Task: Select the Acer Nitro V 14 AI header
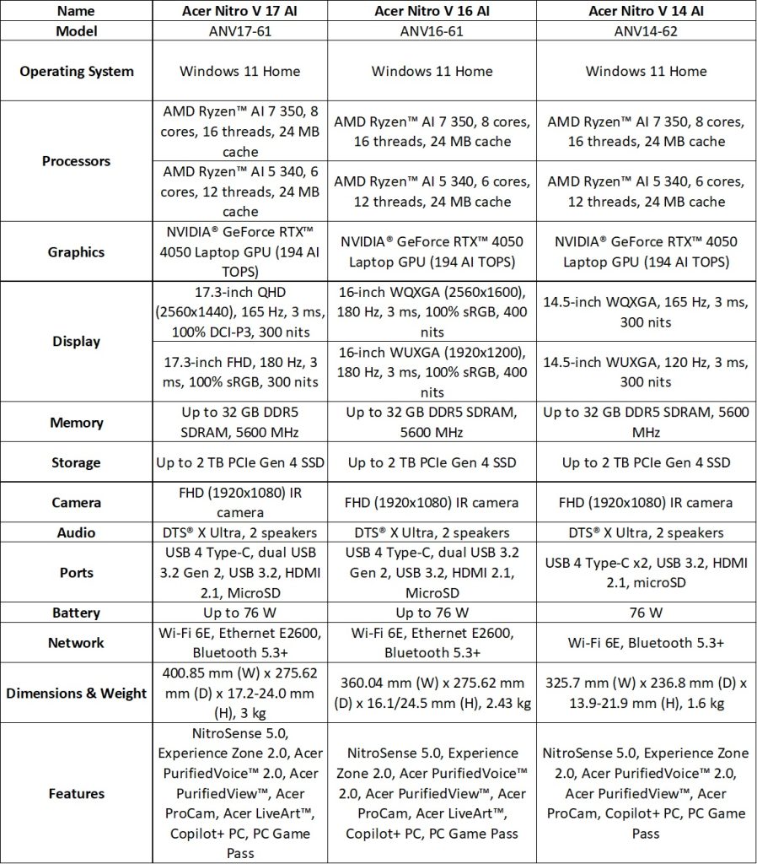click(x=647, y=11)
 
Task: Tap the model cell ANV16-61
click(x=433, y=31)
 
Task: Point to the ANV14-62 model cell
click(x=647, y=31)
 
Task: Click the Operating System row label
click(x=77, y=71)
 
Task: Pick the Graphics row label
click(x=77, y=251)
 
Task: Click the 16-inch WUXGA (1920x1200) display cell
click(x=433, y=372)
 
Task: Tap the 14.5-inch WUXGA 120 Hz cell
click(x=647, y=372)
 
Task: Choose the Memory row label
click(x=77, y=423)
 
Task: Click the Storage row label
click(x=77, y=462)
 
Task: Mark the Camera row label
click(x=77, y=502)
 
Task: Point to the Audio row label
click(x=77, y=532)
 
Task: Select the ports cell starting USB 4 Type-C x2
click(x=647, y=573)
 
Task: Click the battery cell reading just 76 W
click(x=647, y=613)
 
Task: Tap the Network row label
click(x=77, y=642)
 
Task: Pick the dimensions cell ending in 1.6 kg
click(x=647, y=693)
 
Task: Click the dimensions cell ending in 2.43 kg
click(x=433, y=693)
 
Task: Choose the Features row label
click(x=77, y=793)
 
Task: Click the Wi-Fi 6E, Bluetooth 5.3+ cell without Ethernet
click(x=647, y=642)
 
